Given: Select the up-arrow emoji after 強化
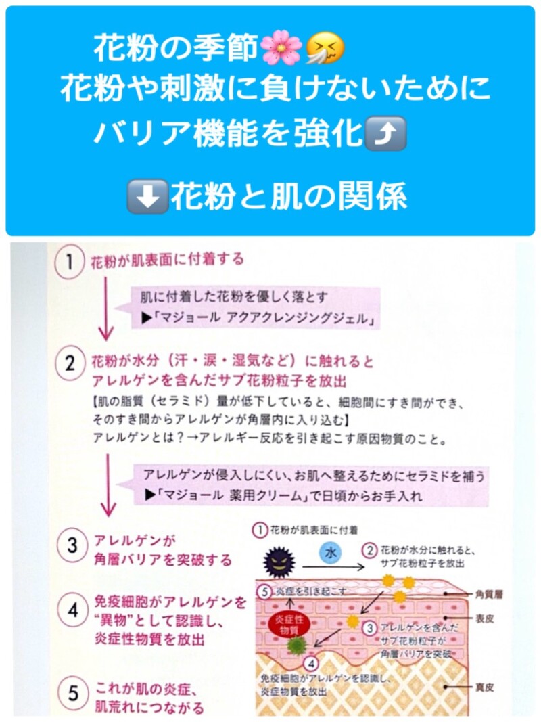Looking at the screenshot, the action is point(385,133).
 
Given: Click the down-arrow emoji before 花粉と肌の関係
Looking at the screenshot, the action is point(147,196).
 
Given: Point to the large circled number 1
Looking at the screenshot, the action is point(69,262).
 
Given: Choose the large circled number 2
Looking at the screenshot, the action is point(70,364).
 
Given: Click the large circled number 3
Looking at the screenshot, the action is point(72,545).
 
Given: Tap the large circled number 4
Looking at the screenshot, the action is point(72,610).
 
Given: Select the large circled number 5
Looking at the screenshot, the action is point(73,694).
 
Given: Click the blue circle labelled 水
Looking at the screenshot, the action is point(331,553).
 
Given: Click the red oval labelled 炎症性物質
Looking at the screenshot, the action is point(289,625).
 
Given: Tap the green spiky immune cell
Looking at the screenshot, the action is point(297,646).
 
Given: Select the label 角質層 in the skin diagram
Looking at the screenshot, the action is point(488,595).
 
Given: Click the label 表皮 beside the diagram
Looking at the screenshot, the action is point(484,618).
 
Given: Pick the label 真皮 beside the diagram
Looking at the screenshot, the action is point(484,687).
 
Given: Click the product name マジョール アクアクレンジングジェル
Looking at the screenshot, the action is point(264,319).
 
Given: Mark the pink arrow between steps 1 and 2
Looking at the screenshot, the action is point(106,309).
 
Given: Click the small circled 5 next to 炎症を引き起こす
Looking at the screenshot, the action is point(264,591).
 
